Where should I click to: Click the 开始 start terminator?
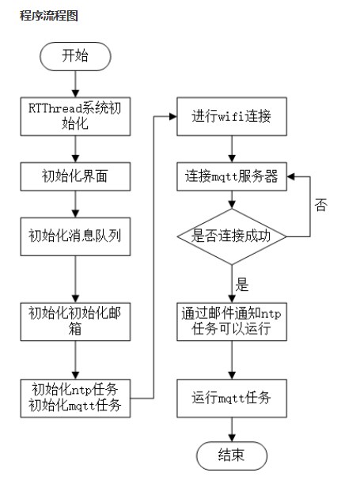pyautogui.click(x=75, y=56)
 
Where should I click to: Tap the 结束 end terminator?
pyautogui.click(x=232, y=455)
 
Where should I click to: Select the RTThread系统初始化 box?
pyautogui.click(x=75, y=116)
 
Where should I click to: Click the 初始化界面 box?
pyautogui.click(x=75, y=176)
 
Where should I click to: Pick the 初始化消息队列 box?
pyautogui.click(x=75, y=236)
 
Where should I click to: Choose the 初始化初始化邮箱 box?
pyautogui.click(x=75, y=321)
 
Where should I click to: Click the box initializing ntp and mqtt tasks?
pyautogui.click(x=75, y=398)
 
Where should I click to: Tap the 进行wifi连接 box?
pyautogui.click(x=232, y=116)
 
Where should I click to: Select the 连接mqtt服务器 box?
pyautogui.click(x=232, y=176)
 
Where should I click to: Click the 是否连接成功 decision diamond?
pyautogui.click(x=232, y=236)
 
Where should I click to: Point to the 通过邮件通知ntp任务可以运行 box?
pyautogui.click(x=232, y=321)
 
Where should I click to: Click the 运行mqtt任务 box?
pyautogui.click(x=232, y=398)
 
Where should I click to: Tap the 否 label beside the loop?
pyautogui.click(x=320, y=205)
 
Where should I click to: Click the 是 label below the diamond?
pyautogui.click(x=242, y=285)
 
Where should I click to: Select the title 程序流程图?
pyautogui.click(x=49, y=15)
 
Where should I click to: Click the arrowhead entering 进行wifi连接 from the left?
pyautogui.click(x=173, y=116)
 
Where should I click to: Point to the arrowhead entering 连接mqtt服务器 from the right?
pyautogui.click(x=290, y=176)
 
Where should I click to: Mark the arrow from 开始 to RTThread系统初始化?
pyautogui.click(x=75, y=84)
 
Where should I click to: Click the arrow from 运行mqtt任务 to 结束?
pyautogui.click(x=232, y=429)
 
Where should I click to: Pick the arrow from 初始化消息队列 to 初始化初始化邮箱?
pyautogui.click(x=75, y=279)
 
